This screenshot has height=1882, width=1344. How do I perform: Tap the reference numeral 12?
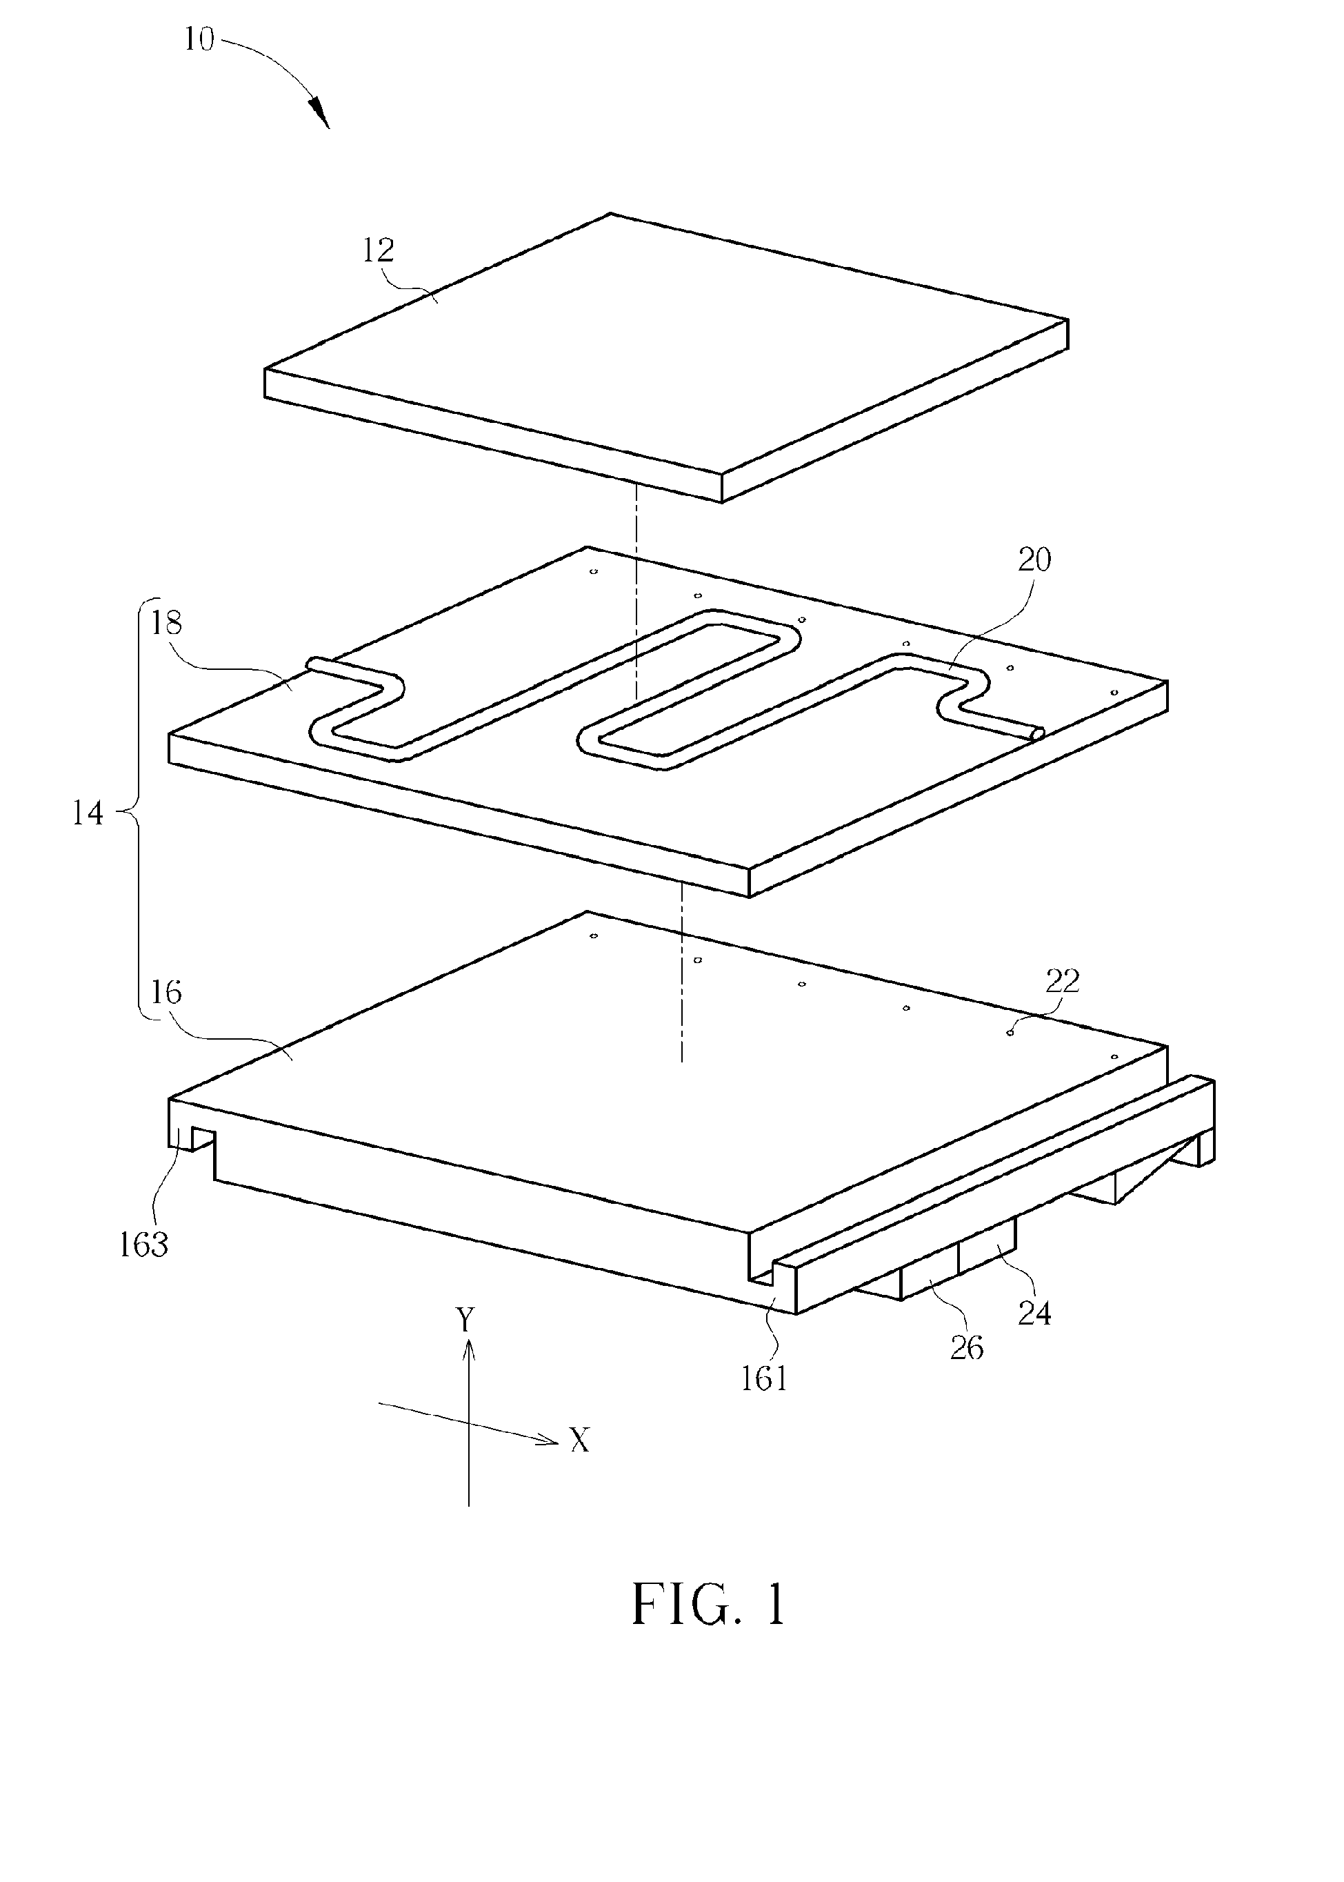[x=378, y=250]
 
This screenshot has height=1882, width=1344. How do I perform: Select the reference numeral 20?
[x=1034, y=561]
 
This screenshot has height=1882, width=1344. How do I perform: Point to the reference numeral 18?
[x=166, y=623]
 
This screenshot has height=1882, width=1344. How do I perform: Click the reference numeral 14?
[x=88, y=813]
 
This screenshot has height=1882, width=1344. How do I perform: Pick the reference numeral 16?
[x=166, y=992]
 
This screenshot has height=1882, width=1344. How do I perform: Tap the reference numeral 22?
[x=1063, y=981]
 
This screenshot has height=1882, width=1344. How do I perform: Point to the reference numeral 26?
[x=967, y=1349]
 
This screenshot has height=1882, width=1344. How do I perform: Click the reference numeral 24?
[x=1034, y=1313]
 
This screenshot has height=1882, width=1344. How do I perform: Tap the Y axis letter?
[x=466, y=1319]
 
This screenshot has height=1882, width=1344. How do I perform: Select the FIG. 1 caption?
[x=708, y=1605]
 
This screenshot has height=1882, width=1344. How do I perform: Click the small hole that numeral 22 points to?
[x=1010, y=1033]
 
